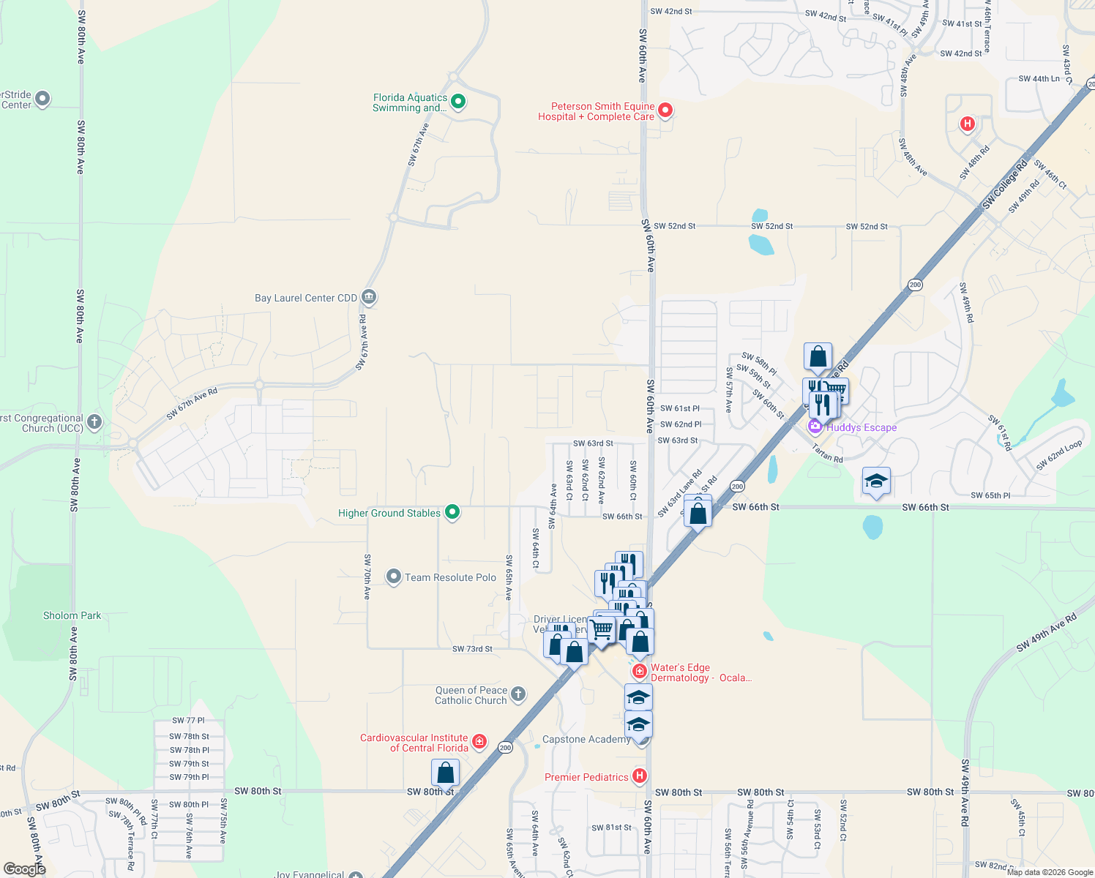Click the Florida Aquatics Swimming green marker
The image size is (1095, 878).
pos(458,102)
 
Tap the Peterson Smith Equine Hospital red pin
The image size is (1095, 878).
pos(665,110)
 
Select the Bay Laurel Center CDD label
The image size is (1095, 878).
pos(306,298)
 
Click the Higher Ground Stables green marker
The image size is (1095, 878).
pos(452,512)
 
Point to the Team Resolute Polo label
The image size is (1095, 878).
pos(450,577)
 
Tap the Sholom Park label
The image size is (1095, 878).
pos(72,615)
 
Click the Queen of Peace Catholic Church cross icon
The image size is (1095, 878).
pos(518,694)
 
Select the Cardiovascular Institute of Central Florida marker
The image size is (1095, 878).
pos(479,742)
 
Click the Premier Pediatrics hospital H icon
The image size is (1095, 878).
pos(640,776)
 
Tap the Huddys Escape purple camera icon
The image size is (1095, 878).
pos(815,427)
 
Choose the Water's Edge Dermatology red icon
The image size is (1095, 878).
pos(640,671)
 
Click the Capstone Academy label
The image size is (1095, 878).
pos(586,739)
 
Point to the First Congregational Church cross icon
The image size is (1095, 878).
pos(94,421)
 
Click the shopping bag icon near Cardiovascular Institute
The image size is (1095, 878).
pos(445,773)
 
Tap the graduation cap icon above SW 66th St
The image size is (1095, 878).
pos(876,481)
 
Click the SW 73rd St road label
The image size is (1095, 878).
pos(472,649)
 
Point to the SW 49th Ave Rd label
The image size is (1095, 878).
pos(1047,632)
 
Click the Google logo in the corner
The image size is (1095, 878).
pos(25,868)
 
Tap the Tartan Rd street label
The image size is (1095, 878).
pos(827,454)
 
